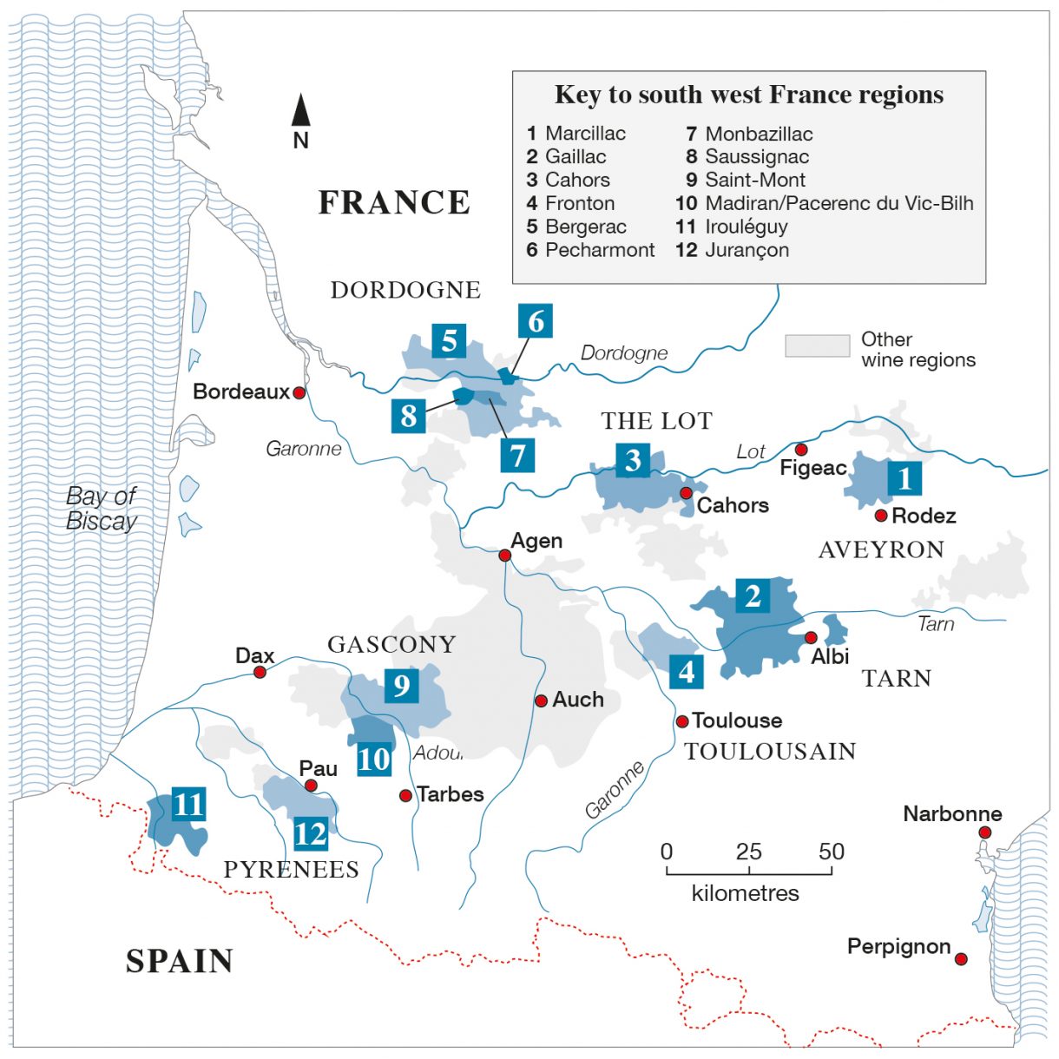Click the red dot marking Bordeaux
pos(299,392)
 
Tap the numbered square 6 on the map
pos(536,321)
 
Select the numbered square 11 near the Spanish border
pos(188,804)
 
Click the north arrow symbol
pos(300,111)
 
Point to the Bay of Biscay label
pos(102,509)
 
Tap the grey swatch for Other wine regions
pos(817,345)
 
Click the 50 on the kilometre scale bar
pos(831,852)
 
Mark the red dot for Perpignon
pos(961,959)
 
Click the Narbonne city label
pos(952,814)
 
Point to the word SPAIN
pos(180,961)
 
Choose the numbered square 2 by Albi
pos(753,595)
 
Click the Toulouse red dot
pos(682,721)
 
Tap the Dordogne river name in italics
pos(624,353)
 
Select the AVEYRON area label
pos(881,550)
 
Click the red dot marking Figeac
pos(801,450)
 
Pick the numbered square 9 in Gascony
pos(401,686)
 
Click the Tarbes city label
pos(450,794)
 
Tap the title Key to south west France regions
pos(749,95)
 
